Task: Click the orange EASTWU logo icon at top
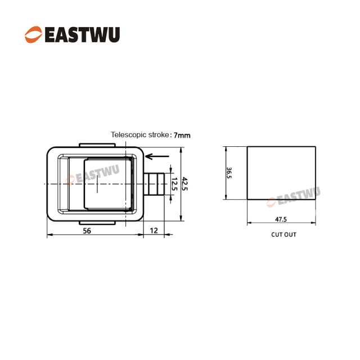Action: click(x=33, y=34)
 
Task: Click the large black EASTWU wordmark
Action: click(x=83, y=35)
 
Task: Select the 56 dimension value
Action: click(x=87, y=231)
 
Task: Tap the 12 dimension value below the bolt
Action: click(x=154, y=230)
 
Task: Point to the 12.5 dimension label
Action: click(x=174, y=184)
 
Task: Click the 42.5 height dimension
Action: click(x=184, y=183)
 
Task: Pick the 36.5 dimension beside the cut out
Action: click(x=229, y=173)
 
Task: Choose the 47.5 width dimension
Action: click(x=281, y=219)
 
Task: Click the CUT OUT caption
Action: click(x=283, y=235)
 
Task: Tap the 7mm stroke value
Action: click(x=182, y=135)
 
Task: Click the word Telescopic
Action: click(x=129, y=134)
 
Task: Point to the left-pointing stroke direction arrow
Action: click(x=157, y=156)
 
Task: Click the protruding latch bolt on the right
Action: click(x=154, y=184)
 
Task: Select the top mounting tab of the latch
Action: click(x=97, y=145)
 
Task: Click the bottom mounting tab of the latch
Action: click(x=97, y=223)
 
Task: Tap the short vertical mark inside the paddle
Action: click(x=97, y=184)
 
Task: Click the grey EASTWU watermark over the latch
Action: click(x=92, y=174)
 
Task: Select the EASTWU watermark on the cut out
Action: click(x=294, y=197)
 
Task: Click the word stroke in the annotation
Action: click(x=159, y=134)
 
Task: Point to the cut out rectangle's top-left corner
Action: click(x=247, y=146)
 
